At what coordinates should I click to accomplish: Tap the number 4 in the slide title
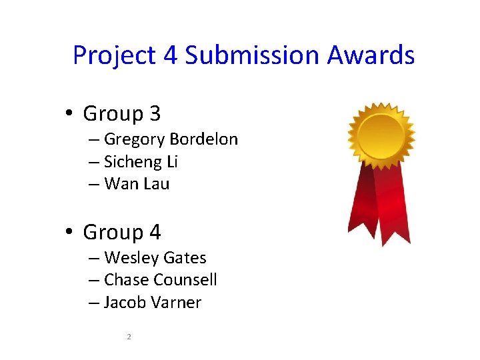(x=169, y=55)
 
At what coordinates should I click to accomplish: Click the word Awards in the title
(x=371, y=55)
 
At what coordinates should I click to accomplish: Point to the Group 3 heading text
(x=121, y=114)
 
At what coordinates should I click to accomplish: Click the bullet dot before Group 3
(x=69, y=114)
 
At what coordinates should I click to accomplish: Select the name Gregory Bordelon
(x=171, y=139)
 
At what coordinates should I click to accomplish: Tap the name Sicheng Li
(x=141, y=162)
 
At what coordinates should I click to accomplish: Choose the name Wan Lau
(x=137, y=184)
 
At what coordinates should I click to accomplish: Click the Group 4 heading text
(x=121, y=233)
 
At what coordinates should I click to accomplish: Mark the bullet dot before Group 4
(x=69, y=233)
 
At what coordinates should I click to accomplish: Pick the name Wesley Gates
(x=155, y=258)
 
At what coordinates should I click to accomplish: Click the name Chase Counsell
(x=160, y=280)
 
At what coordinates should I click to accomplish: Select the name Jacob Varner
(x=153, y=303)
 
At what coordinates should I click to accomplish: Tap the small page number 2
(x=129, y=337)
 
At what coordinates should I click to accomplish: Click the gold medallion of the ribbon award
(x=381, y=135)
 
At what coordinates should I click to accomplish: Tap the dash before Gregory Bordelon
(x=93, y=140)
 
